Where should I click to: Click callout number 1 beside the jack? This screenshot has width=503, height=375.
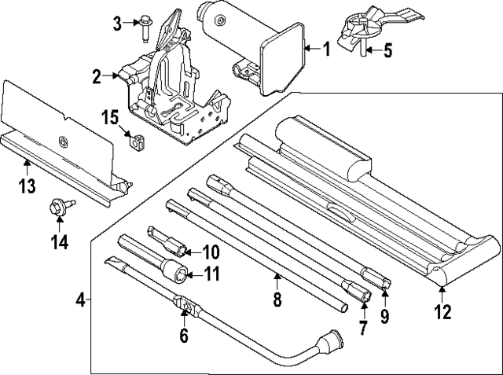click(x=326, y=49)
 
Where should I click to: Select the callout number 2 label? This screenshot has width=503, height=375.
click(x=97, y=77)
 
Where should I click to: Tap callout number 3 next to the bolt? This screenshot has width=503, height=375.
click(x=117, y=22)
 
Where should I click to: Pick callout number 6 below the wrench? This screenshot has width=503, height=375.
click(x=184, y=336)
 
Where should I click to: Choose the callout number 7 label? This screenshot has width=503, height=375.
click(x=362, y=328)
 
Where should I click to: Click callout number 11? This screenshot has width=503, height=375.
click(x=210, y=274)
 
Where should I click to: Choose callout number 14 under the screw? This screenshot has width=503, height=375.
click(x=60, y=241)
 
